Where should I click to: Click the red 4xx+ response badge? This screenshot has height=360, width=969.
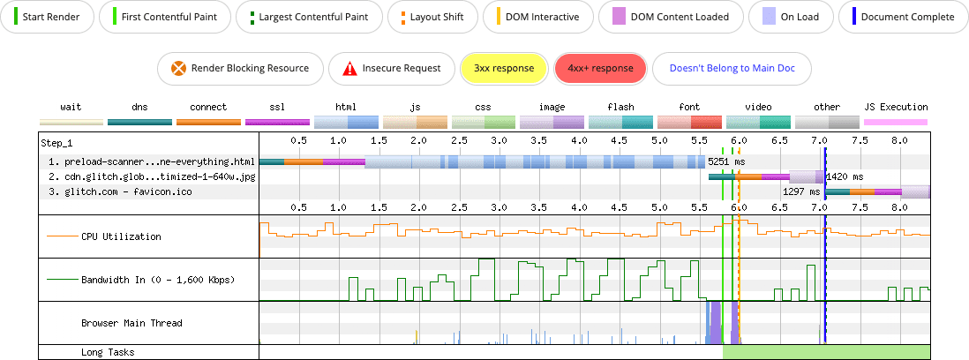(600, 68)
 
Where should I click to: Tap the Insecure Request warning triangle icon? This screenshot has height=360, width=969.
(350, 68)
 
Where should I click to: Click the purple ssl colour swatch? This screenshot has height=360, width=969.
(277, 123)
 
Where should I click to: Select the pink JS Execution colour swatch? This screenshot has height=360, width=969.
(895, 123)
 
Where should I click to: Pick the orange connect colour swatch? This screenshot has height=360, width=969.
(208, 123)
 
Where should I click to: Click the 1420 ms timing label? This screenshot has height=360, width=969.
(845, 176)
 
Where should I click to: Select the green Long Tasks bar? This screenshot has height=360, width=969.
(826, 352)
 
